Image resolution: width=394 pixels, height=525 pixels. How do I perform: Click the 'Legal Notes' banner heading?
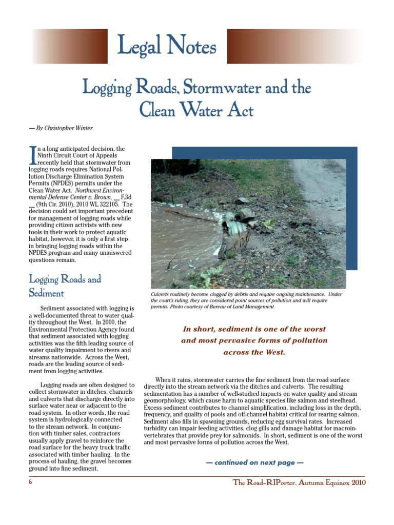(x=167, y=47)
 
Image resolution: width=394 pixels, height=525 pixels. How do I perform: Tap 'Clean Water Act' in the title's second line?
(x=197, y=110)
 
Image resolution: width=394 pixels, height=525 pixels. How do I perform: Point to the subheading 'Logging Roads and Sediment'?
(x=65, y=286)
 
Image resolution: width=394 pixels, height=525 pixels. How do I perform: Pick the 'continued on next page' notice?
(x=254, y=462)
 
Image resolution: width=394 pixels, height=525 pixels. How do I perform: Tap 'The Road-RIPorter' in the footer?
(x=265, y=483)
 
